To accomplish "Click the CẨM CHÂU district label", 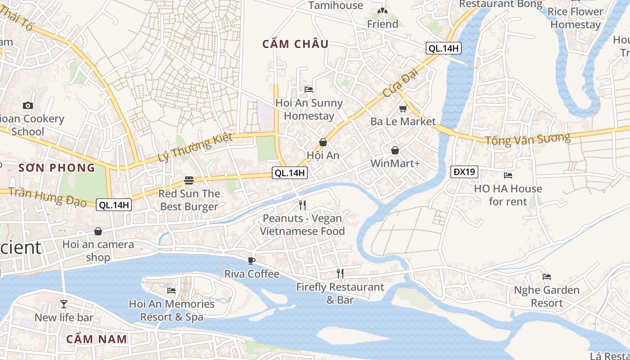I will tap(296, 44).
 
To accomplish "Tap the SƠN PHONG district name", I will tap(57, 168).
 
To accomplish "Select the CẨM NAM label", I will tap(97, 339).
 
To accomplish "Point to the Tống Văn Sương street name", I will tap(527, 139).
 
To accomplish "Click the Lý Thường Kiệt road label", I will tap(195, 148).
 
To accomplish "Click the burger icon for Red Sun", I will tap(189, 181).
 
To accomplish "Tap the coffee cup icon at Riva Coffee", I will tap(252, 261).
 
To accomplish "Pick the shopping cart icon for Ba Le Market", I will tap(403, 109).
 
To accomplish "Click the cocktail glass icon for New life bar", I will tap(64, 304).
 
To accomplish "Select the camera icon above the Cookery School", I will tap(28, 105).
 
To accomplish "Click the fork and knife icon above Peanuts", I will tap(302, 205).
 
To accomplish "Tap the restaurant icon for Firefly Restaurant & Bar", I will tap(340, 274).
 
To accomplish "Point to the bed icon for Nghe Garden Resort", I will tap(547, 277).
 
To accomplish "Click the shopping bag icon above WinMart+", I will tap(395, 150).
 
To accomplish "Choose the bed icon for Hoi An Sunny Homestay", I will tap(309, 90).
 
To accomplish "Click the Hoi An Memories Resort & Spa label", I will tap(172, 310).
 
